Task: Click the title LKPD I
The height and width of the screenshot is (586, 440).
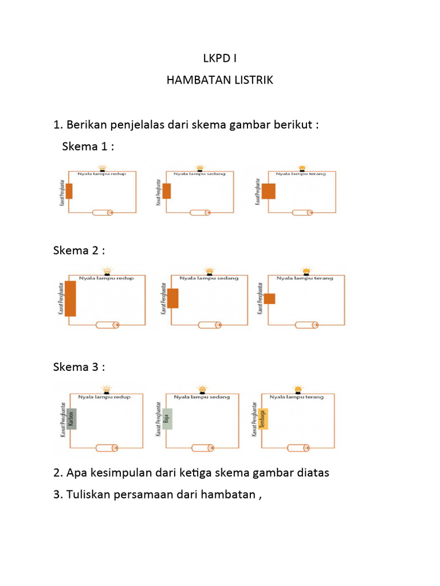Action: [x=220, y=58]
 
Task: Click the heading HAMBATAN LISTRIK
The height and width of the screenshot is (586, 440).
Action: [x=220, y=80]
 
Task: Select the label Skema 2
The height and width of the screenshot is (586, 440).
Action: [x=79, y=251]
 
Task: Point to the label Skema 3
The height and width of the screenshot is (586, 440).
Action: [x=79, y=367]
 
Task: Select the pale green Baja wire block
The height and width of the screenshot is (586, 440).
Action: [x=167, y=419]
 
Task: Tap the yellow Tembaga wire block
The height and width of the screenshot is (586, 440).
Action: [x=264, y=419]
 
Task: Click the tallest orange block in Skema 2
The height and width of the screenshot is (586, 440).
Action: [x=70, y=299]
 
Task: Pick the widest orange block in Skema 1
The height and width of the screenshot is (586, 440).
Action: [x=268, y=191]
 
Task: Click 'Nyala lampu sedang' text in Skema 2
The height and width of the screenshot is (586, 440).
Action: [x=206, y=278]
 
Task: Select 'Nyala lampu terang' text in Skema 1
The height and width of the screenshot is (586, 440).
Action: [x=300, y=173]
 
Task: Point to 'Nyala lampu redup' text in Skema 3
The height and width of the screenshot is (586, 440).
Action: [x=105, y=397]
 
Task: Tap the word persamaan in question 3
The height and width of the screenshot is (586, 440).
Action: [x=151, y=495]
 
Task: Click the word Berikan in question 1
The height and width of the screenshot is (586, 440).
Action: [x=86, y=125]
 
